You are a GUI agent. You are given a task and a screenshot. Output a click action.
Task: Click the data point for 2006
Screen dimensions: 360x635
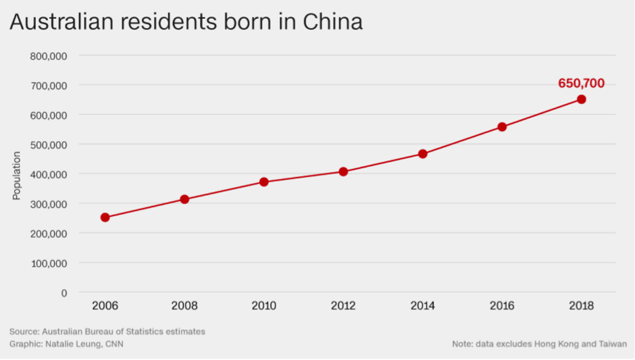105,217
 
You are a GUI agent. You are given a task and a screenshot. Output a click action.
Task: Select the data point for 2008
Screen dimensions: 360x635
184,199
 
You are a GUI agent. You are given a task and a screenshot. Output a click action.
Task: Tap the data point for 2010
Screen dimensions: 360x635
264,182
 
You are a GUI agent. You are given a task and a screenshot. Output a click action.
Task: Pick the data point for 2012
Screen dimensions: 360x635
343,172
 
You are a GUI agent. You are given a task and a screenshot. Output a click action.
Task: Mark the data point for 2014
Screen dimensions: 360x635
423,154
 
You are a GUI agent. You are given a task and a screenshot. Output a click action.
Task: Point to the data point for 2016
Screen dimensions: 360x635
502,127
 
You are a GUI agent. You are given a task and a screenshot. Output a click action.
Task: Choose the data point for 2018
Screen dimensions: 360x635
581,99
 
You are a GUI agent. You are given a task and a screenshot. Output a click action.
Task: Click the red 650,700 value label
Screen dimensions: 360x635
581,84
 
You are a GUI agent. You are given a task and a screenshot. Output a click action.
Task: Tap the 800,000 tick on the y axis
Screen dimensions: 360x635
49,56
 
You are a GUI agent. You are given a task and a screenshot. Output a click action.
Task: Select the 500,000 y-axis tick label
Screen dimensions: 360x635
49,145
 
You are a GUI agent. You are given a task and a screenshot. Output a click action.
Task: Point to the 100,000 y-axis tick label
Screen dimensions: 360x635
49,263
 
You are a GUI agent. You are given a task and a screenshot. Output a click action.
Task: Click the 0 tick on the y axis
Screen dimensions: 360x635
63,292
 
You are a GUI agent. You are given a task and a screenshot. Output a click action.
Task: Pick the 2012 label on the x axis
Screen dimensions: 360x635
343,306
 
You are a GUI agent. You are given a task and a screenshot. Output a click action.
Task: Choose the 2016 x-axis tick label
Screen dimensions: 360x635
502,306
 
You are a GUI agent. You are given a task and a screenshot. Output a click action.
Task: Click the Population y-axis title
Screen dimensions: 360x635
17,176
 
